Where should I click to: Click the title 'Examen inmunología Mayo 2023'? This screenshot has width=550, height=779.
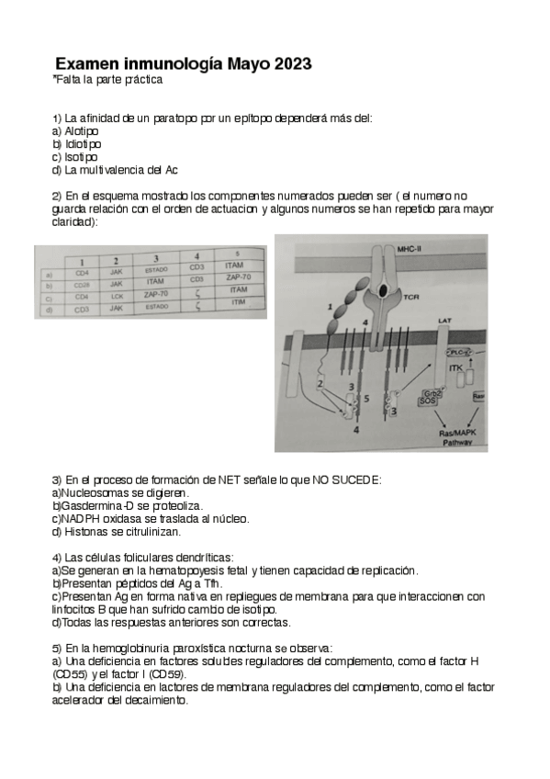[x=183, y=64]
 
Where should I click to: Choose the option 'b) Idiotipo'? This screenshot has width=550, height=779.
[x=77, y=144]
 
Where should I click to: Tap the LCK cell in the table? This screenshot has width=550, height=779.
[x=117, y=296]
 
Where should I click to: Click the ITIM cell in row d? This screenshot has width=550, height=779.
[x=238, y=302]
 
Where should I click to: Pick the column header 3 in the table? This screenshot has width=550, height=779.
[x=155, y=258]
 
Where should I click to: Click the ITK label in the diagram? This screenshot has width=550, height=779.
[x=455, y=367]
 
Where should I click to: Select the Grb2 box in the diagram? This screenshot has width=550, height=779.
[x=428, y=394]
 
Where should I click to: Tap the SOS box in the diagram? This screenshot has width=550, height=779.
[x=427, y=402]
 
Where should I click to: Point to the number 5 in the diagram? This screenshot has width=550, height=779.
[x=365, y=399]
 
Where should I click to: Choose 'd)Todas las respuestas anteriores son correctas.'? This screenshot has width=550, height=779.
[x=172, y=622]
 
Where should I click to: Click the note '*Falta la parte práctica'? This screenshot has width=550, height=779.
[x=107, y=80]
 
